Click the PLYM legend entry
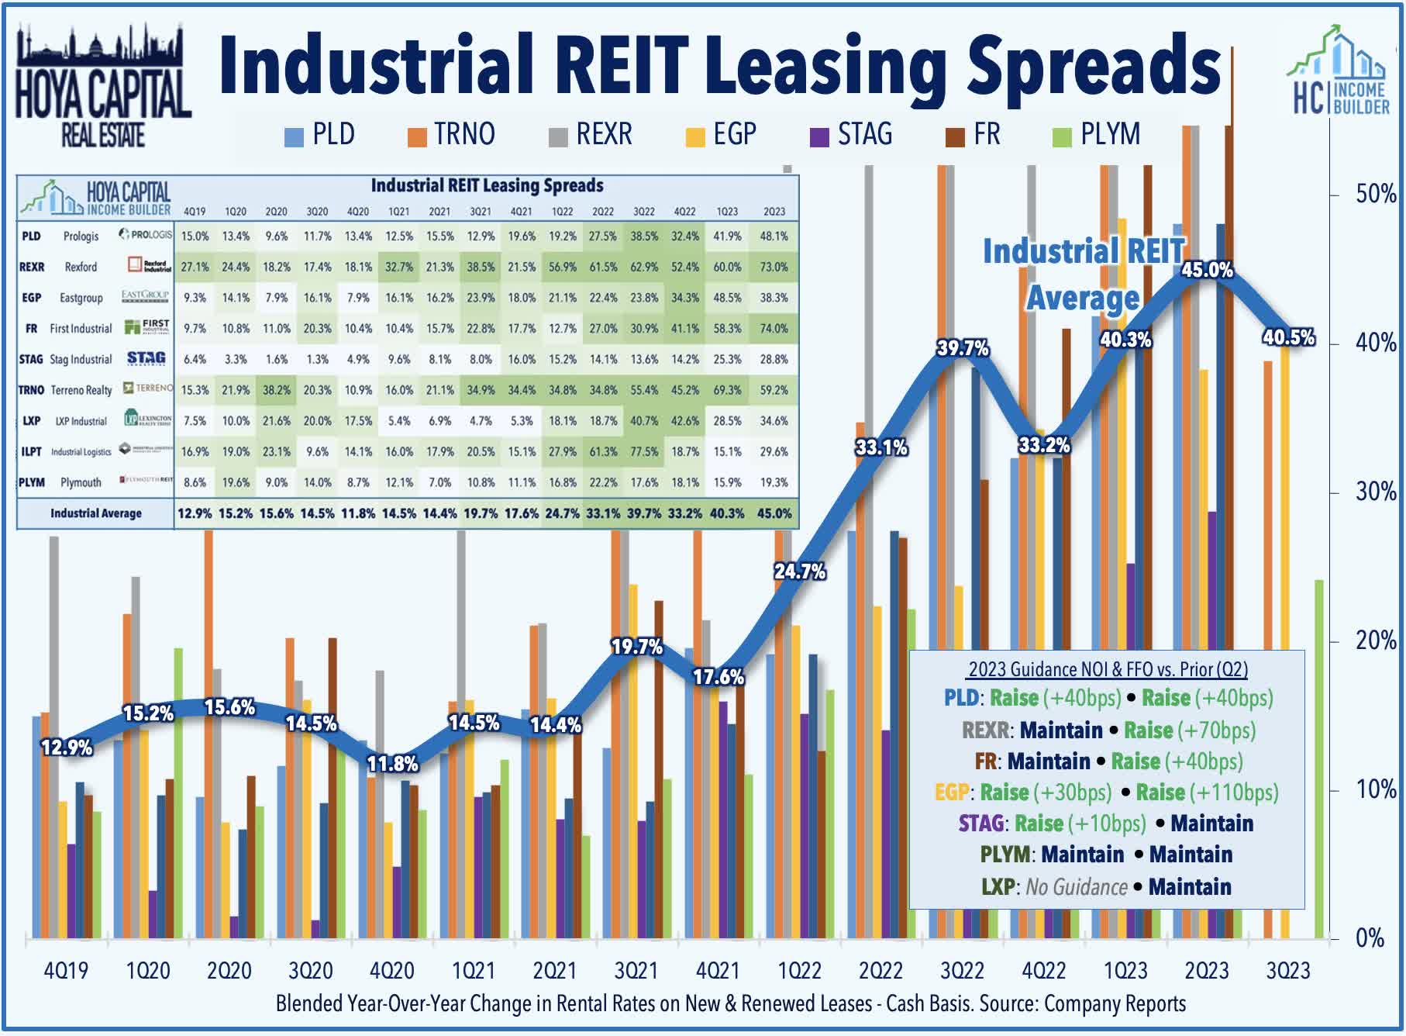1098,135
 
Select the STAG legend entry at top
852,135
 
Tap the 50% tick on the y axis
1374,194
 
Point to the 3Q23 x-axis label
1287,971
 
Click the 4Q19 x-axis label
66,971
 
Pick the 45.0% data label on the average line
1207,270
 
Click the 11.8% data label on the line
392,764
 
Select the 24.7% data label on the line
799,572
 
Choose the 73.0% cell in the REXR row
774,267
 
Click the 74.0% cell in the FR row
774,329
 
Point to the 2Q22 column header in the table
602,212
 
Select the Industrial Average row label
96,513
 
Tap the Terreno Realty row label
81,390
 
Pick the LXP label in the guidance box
998,887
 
